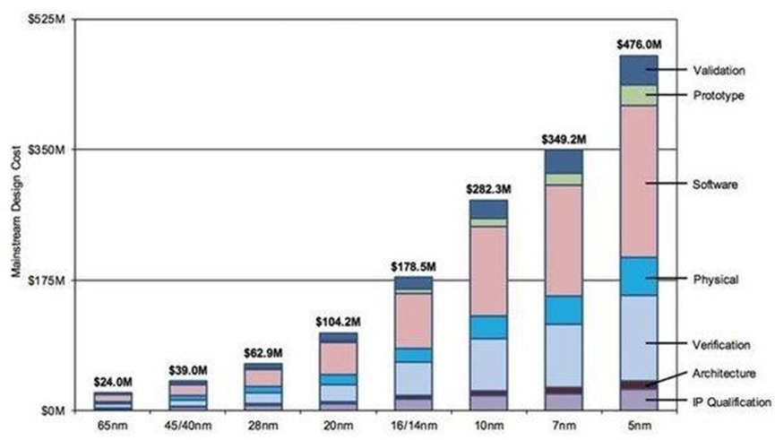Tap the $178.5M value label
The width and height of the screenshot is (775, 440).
click(x=413, y=266)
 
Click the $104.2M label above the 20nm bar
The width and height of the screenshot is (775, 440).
click(x=339, y=322)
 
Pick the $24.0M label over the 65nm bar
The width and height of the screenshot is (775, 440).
click(x=113, y=380)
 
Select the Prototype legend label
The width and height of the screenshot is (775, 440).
click(x=718, y=95)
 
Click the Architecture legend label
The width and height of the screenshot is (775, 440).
click(x=724, y=373)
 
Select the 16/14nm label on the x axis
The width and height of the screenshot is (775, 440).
click(x=413, y=421)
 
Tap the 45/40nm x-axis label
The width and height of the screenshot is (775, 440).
click(x=187, y=421)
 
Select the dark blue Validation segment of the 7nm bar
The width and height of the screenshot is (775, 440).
click(x=563, y=161)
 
